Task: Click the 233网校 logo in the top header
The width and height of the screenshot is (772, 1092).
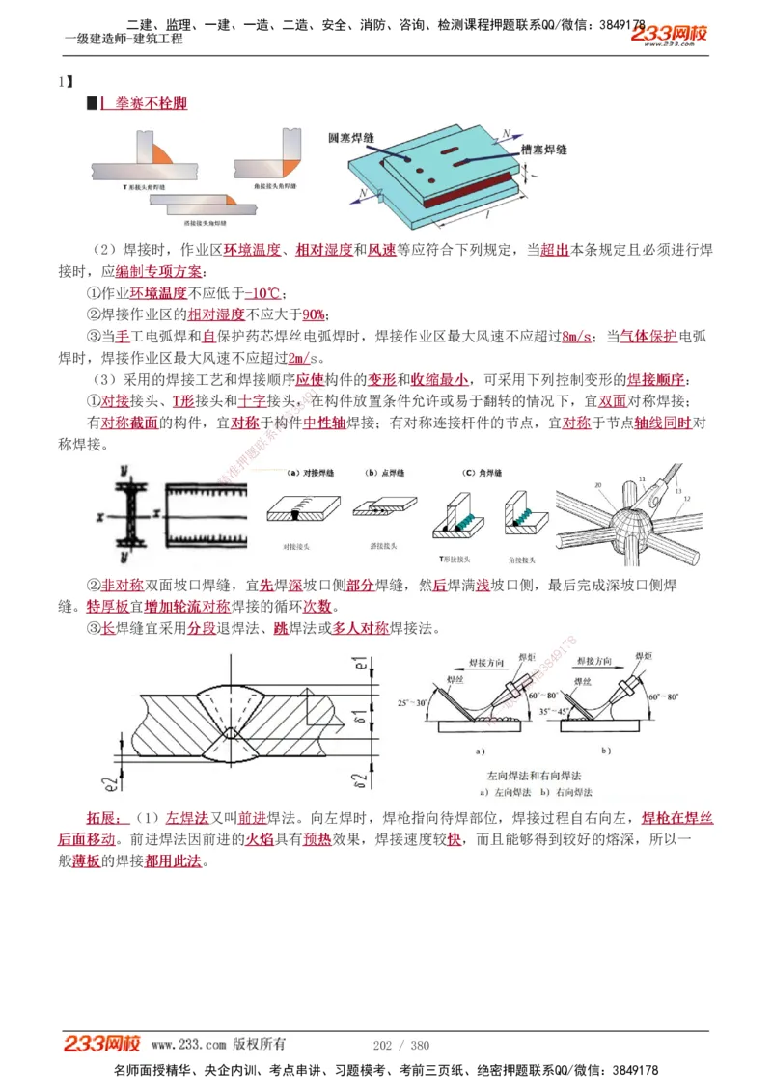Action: click(x=670, y=35)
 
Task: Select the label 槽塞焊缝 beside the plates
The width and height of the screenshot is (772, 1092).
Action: click(x=542, y=150)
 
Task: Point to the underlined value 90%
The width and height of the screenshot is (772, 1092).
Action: click(x=314, y=314)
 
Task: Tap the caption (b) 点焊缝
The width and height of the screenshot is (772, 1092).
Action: click(x=384, y=473)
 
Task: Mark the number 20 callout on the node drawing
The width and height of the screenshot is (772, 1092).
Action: click(x=598, y=485)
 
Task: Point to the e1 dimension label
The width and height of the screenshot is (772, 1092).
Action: click(x=359, y=665)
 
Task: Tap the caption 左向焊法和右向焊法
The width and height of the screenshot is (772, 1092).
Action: click(x=535, y=775)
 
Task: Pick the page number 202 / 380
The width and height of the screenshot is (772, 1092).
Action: click(x=400, y=1045)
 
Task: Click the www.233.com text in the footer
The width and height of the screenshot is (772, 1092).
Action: click(x=188, y=1045)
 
